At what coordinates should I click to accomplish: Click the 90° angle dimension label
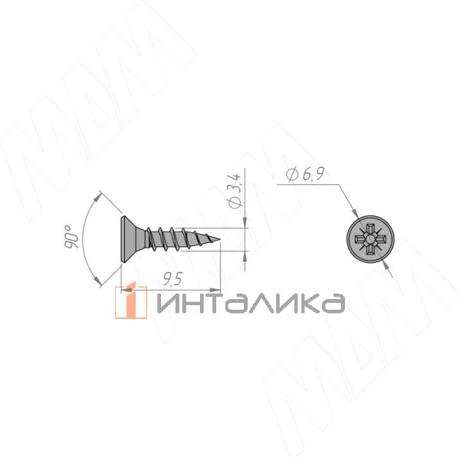pyautogui.click(x=71, y=237)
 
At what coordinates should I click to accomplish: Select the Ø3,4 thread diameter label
pyautogui.click(x=235, y=191)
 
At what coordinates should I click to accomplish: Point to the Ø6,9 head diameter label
pyautogui.click(x=305, y=175)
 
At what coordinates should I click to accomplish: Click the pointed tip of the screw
pyautogui.click(x=219, y=239)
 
